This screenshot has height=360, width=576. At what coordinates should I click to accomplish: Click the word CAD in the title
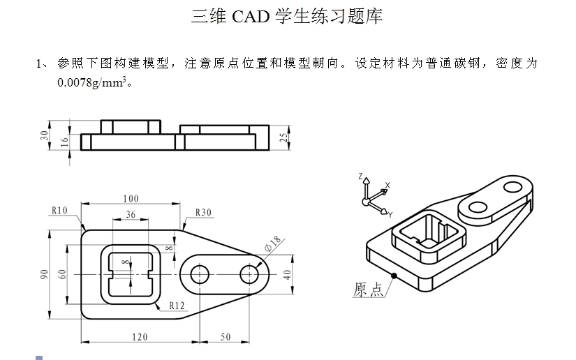[246, 17]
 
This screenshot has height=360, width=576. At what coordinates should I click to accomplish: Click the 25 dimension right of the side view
[283, 137]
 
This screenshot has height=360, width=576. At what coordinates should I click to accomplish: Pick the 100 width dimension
[131, 199]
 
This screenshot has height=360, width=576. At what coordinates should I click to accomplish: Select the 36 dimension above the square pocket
[131, 214]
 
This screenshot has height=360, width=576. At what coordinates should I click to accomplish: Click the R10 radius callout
[59, 210]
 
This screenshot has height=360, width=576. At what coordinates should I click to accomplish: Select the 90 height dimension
[44, 274]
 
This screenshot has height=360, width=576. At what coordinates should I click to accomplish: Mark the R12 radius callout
[177, 305]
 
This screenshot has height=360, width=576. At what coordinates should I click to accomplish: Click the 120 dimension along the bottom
[140, 337]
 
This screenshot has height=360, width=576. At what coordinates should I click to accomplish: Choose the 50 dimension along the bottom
[225, 337]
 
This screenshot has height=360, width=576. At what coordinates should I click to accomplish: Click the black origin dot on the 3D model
[394, 276]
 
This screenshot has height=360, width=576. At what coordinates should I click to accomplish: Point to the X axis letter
[387, 185]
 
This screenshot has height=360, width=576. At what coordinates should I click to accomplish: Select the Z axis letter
[360, 177]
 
